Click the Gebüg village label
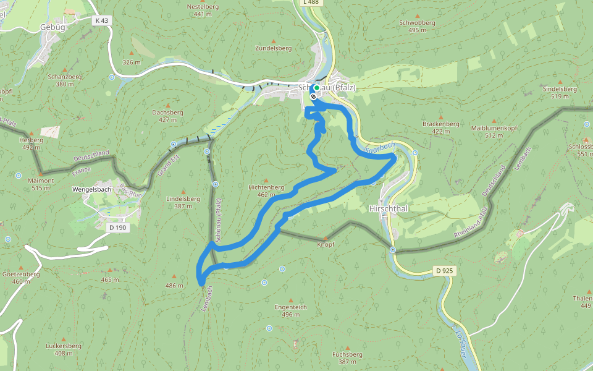[52, 27]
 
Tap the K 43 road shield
[102, 20]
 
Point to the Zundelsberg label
[273, 48]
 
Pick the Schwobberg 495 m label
[418, 26]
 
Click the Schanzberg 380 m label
[65, 80]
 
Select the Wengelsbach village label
[92, 190]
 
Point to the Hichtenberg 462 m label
[266, 190]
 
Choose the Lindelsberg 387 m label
[183, 202]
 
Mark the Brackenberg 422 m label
[441, 127]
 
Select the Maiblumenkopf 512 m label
[494, 131]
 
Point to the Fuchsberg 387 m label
[347, 357]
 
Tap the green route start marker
[316, 88]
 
